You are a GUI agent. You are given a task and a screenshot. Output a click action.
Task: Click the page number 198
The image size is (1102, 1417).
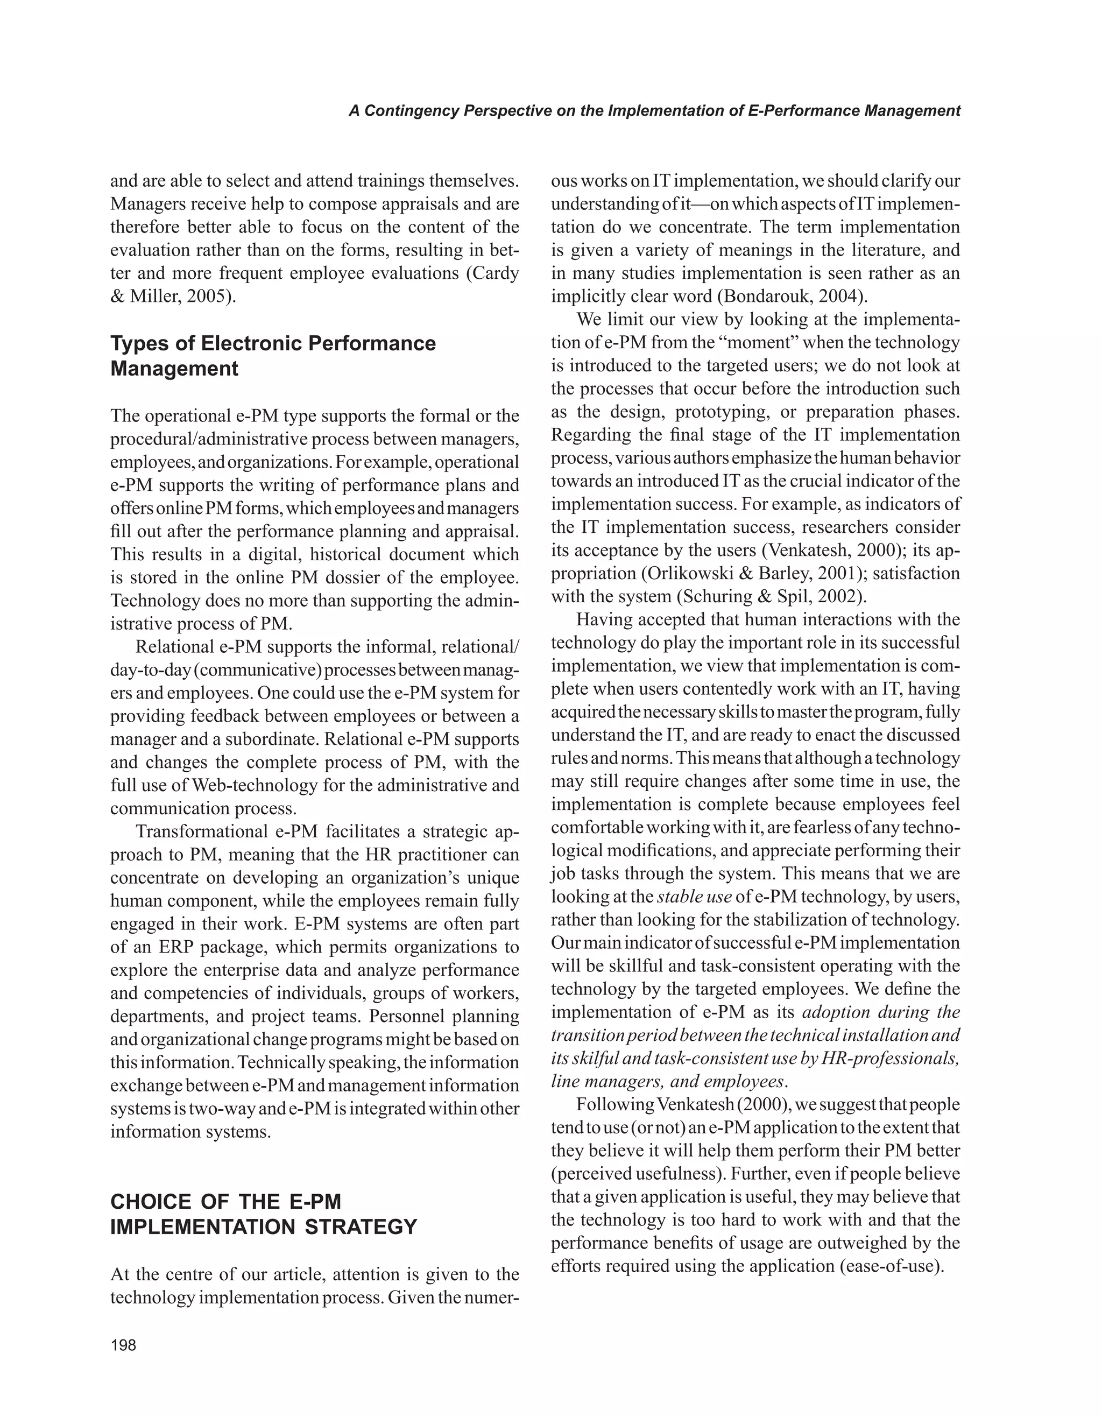pos(123,1345)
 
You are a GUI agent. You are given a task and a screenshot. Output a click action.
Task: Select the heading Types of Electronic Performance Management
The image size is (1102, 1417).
pos(272,356)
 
